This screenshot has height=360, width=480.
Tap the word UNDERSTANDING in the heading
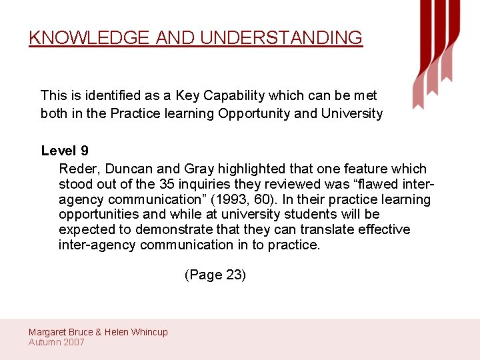coord(281,37)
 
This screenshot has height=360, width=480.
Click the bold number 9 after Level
coord(85,151)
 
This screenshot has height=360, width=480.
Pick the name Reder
coord(78,169)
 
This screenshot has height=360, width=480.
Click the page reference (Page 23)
coord(215,275)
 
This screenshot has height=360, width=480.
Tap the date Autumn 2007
coord(57,342)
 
